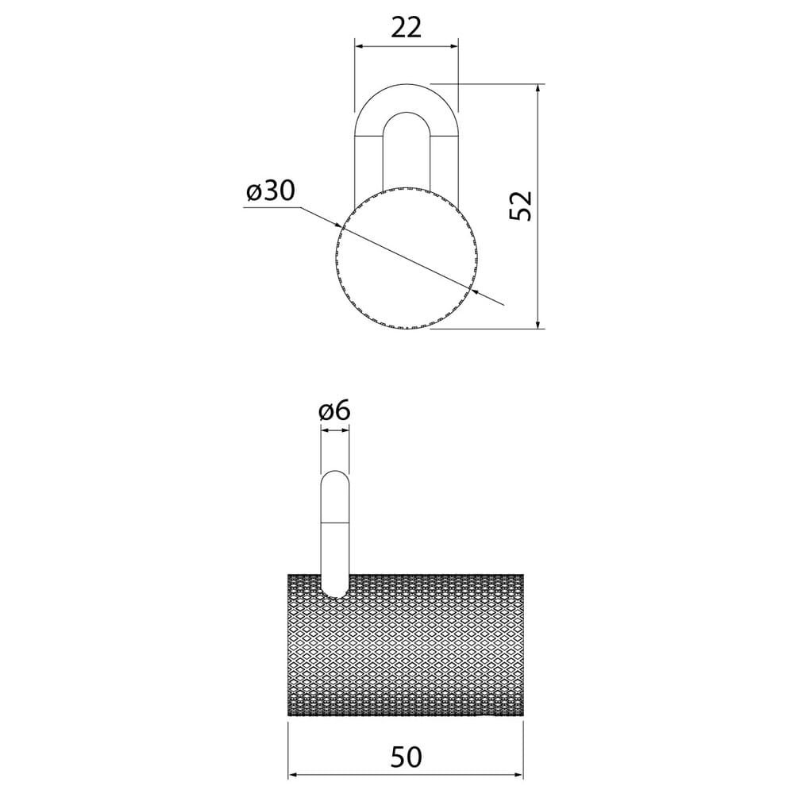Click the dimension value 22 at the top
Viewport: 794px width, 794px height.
[406, 28]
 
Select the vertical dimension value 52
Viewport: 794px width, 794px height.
[521, 206]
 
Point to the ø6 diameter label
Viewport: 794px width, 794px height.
[334, 410]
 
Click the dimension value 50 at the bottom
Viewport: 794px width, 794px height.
[406, 758]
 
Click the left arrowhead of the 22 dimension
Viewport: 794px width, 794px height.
[359, 47]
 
